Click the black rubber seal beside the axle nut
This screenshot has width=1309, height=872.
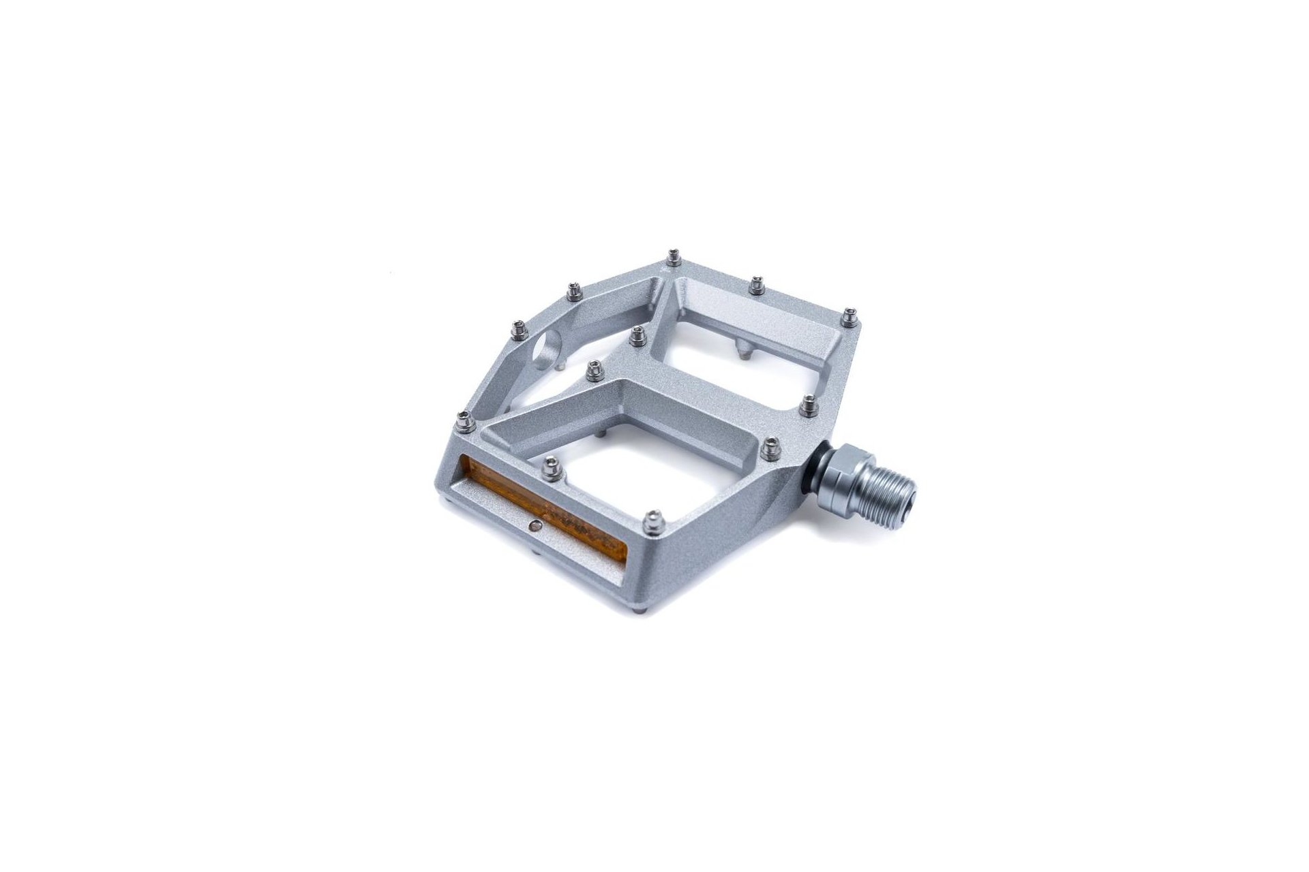811,471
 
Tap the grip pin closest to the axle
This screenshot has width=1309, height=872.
771,446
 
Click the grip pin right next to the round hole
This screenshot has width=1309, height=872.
518,329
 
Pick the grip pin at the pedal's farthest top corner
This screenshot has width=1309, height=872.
674,257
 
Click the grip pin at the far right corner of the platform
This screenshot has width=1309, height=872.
848,317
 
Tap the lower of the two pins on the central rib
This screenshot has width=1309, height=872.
595,370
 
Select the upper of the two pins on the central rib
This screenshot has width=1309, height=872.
638,334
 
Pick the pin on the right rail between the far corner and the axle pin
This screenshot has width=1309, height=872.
808,405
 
